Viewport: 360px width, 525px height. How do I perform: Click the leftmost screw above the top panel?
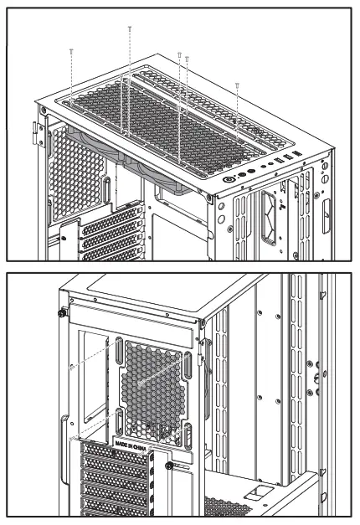[x=72, y=52]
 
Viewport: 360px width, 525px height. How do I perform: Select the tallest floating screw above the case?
[x=129, y=30]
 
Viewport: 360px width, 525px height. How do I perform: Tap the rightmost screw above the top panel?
[x=238, y=85]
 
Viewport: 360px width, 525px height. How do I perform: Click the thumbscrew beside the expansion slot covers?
[x=169, y=466]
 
